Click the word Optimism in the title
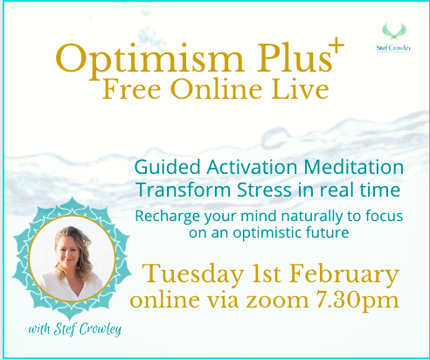coord(149,59)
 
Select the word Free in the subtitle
coord(132,89)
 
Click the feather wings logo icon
coord(394,31)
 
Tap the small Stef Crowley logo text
coord(393,48)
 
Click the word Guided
coord(168,168)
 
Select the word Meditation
coord(354,168)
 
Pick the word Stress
coord(264,190)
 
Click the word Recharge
coord(168,217)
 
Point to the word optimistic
coord(267,233)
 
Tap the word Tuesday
coord(193,274)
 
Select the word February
coord(344,274)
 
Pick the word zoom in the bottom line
coord(277,301)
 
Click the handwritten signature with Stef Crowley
coord(74,329)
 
